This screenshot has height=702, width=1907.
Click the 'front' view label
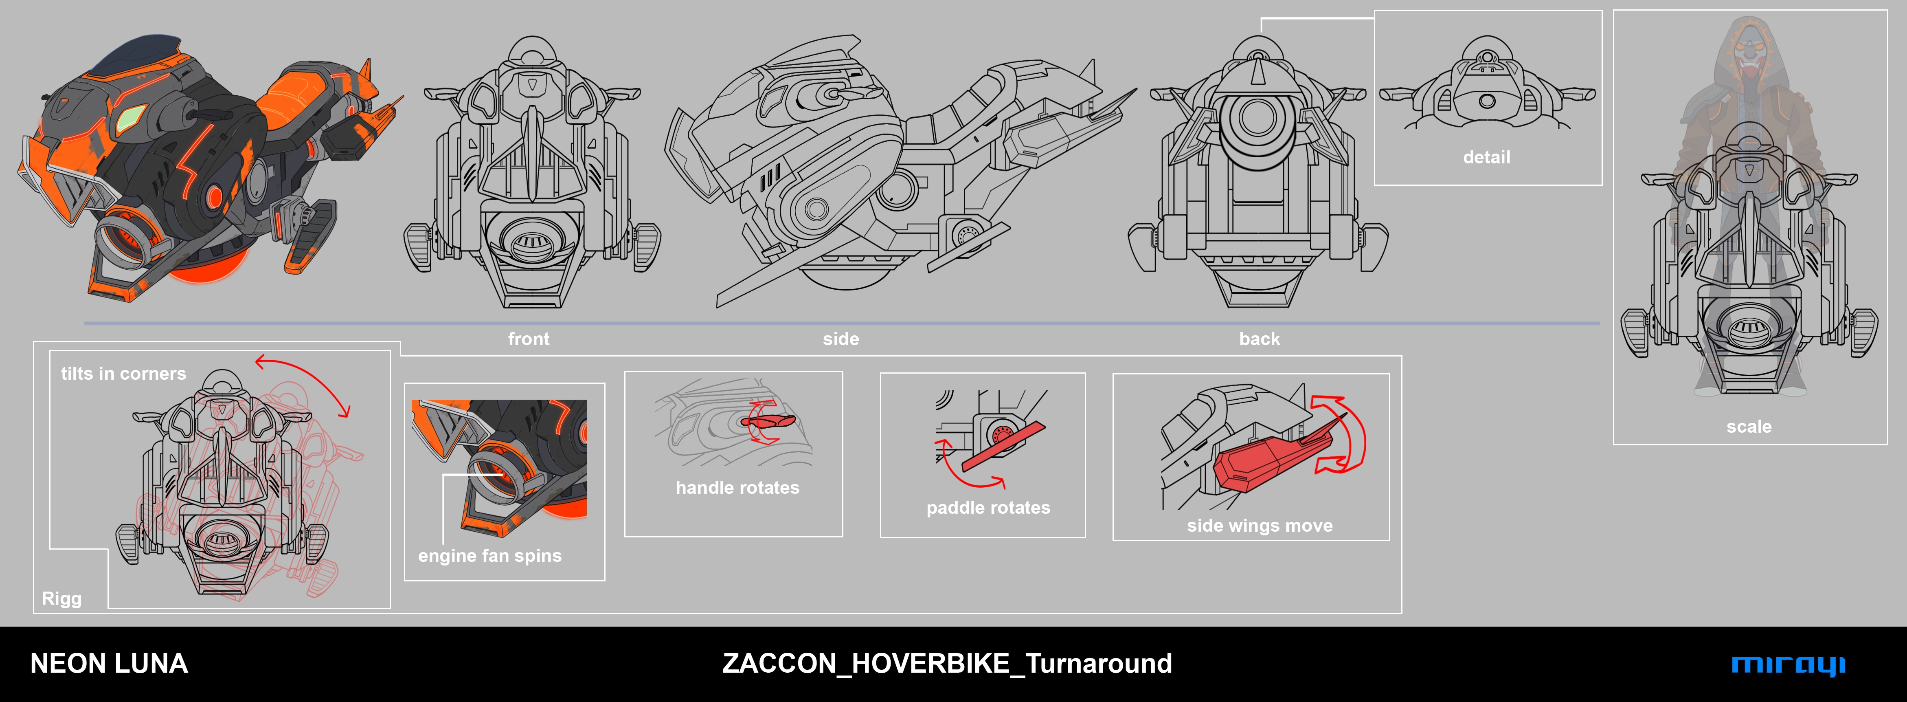pyautogui.click(x=529, y=339)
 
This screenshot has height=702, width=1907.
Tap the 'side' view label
pyautogui.click(x=841, y=339)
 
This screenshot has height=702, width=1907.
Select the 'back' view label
pyautogui.click(x=1259, y=339)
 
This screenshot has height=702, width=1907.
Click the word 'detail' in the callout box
pyautogui.click(x=1486, y=157)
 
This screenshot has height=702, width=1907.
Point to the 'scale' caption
pyautogui.click(x=1749, y=427)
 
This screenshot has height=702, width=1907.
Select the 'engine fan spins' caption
pyautogui.click(x=489, y=555)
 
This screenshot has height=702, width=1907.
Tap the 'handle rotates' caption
pyautogui.click(x=737, y=487)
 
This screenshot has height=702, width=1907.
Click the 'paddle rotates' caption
pyautogui.click(x=988, y=507)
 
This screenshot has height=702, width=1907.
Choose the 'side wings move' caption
pyautogui.click(x=1259, y=526)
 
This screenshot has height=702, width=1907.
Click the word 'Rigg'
pyautogui.click(x=61, y=599)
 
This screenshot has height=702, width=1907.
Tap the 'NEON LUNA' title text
pyautogui.click(x=109, y=663)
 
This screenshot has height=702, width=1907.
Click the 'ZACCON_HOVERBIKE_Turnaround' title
pyautogui.click(x=947, y=663)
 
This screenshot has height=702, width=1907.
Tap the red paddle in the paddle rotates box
pyautogui.click(x=1003, y=448)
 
